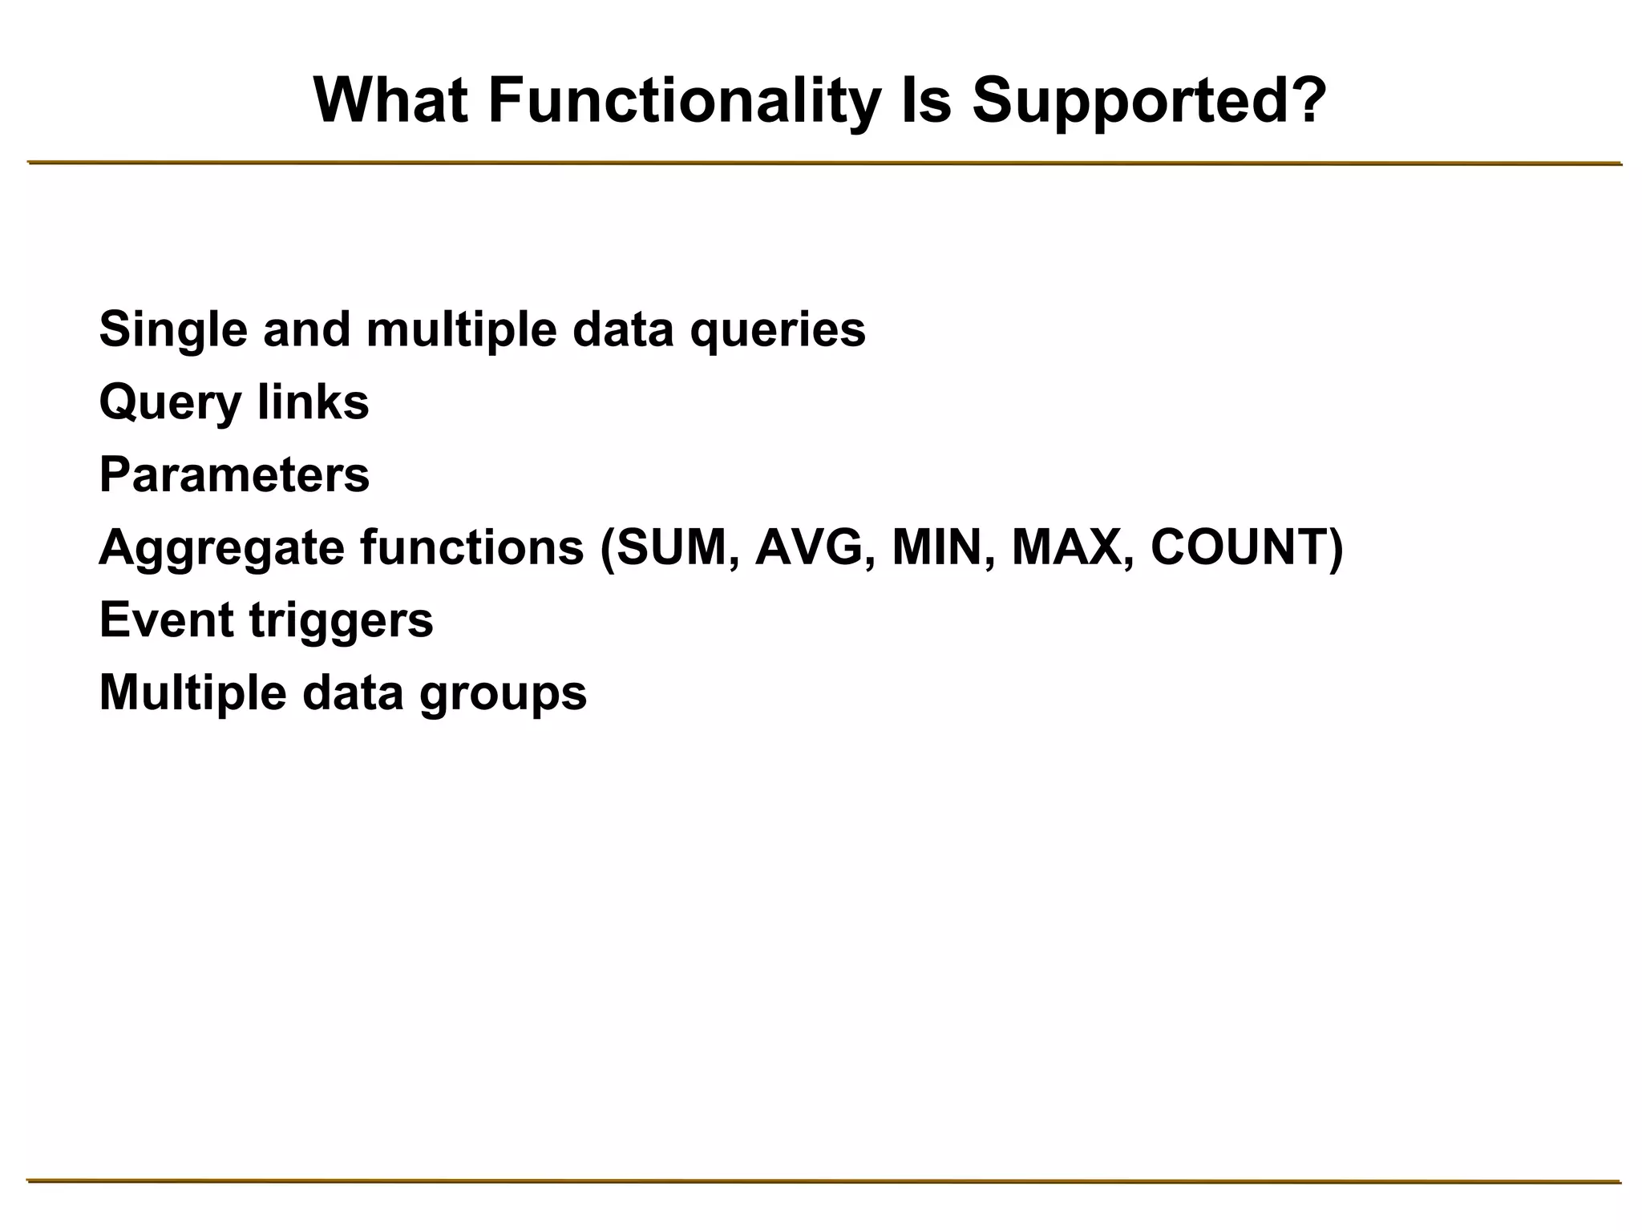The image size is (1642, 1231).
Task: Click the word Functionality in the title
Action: tap(683, 102)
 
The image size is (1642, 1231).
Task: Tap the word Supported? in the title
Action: tap(1150, 102)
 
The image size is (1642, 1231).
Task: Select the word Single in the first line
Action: tap(172, 329)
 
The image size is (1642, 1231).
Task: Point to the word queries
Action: tap(777, 331)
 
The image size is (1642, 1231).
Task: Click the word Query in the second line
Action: tap(169, 403)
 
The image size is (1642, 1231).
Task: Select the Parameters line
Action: tap(234, 474)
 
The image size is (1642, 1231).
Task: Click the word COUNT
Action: tap(1238, 547)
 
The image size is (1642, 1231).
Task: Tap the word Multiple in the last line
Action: tap(192, 693)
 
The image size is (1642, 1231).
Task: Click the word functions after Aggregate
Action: tap(471, 547)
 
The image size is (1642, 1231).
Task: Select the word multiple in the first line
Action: tap(461, 329)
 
